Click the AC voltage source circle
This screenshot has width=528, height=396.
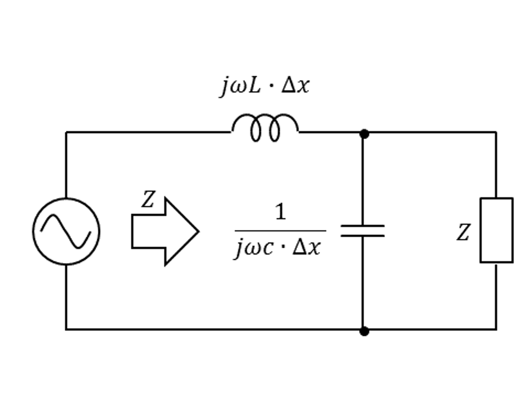click(x=33, y=231)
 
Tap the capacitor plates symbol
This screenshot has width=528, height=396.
click(x=363, y=231)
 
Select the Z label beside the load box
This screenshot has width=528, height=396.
click(x=463, y=232)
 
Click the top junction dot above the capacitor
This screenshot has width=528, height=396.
click(x=364, y=134)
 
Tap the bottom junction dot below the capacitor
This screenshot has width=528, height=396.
click(x=364, y=331)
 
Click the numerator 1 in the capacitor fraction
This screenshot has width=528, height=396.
click(x=280, y=211)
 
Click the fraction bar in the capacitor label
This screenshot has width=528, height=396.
click(x=280, y=231)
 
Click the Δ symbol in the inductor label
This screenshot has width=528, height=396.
click(x=288, y=85)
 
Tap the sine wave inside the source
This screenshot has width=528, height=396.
click(x=66, y=231)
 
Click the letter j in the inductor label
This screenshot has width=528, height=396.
click(x=224, y=87)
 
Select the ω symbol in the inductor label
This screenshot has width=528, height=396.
click(x=238, y=88)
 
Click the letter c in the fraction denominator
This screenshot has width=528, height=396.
click(x=268, y=249)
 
